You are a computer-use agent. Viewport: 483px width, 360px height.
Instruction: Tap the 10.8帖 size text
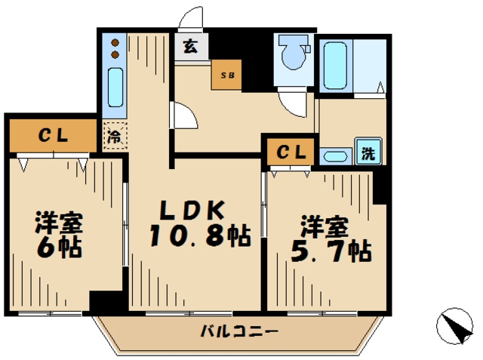199,237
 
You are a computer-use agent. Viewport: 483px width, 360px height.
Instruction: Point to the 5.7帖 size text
330,250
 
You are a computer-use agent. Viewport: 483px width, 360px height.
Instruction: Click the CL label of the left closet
54,137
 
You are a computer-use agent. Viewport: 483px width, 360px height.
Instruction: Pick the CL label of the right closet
290,152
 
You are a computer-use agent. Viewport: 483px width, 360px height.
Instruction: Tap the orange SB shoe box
226,75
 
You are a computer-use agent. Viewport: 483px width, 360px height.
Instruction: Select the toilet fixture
291,54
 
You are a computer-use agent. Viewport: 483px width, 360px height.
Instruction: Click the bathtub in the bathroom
334,66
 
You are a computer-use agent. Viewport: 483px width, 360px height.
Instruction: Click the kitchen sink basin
115,88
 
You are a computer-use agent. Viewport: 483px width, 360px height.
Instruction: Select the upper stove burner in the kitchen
115,42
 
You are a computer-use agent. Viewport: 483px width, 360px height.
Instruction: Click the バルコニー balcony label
239,331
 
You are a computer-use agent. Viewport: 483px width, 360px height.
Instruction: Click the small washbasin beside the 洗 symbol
335,156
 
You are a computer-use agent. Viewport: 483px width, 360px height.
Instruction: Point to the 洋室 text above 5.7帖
325,226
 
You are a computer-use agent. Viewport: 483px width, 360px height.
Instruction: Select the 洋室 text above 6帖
58,223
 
